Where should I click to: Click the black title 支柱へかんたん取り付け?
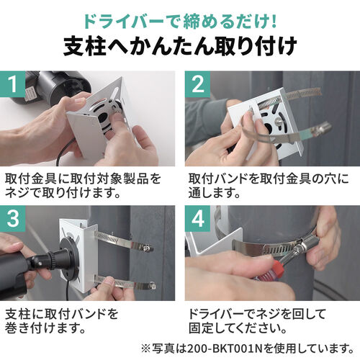pyautogui.click(x=180, y=45)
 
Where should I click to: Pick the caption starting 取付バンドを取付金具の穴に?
pyautogui.click(x=266, y=184)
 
